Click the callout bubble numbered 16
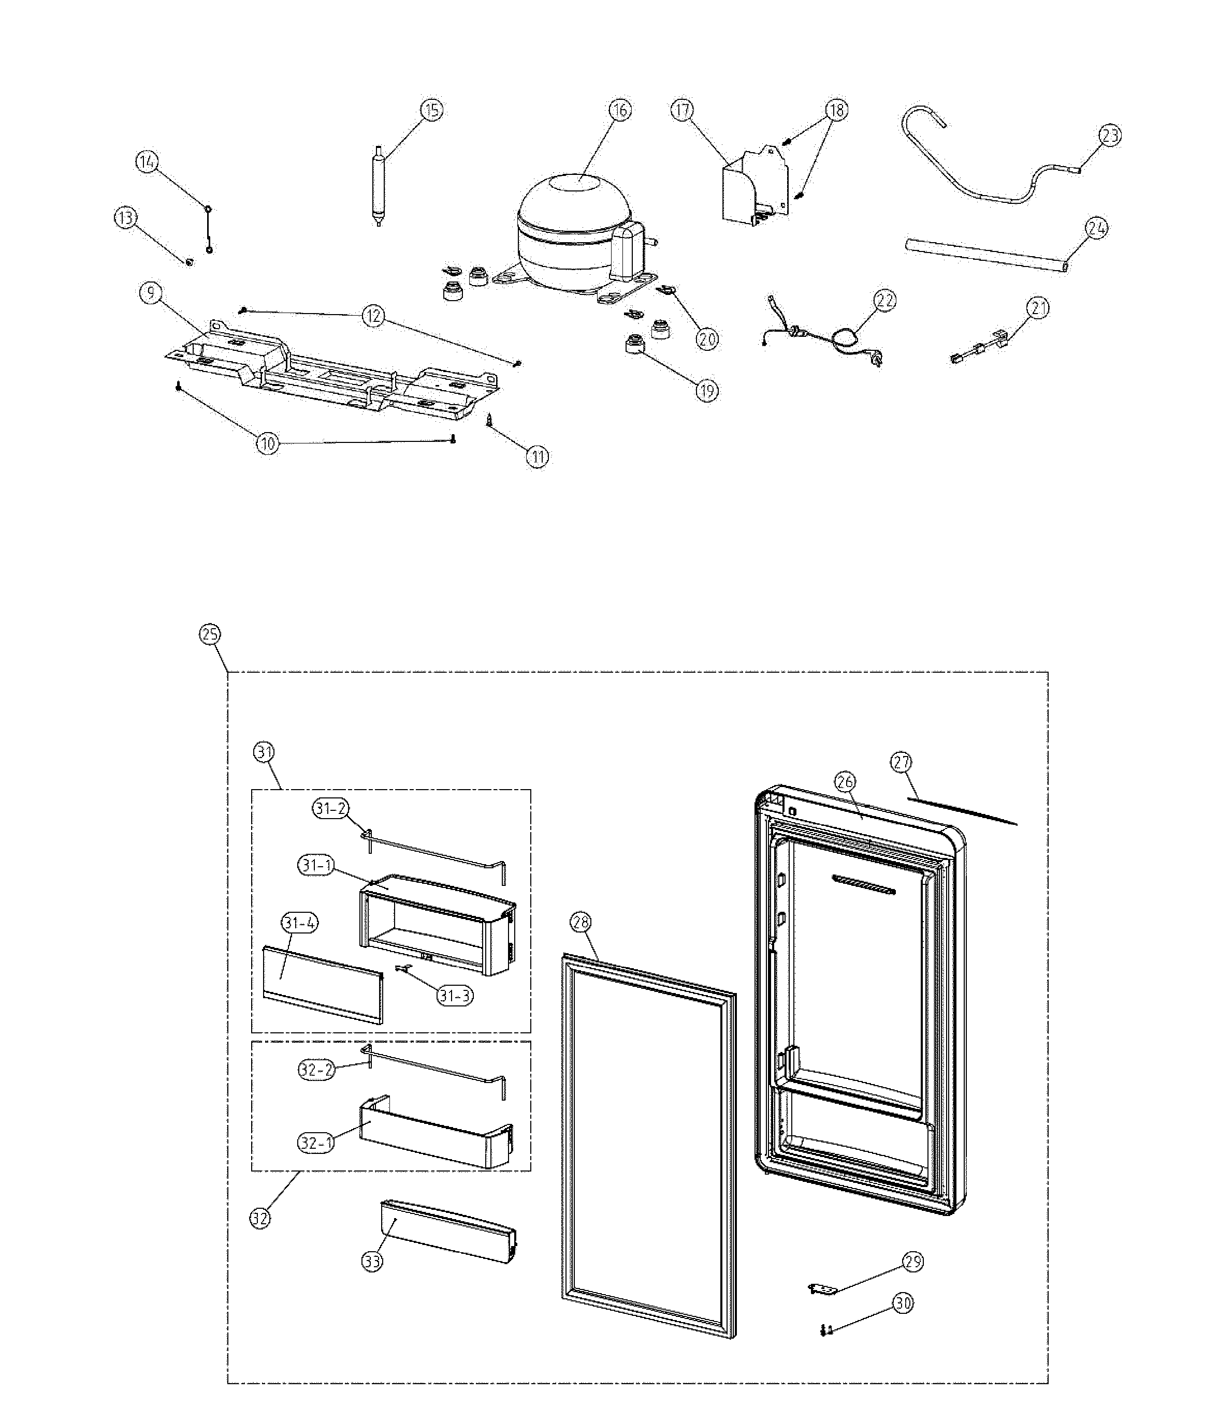[x=620, y=110]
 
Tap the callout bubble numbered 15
[x=431, y=110]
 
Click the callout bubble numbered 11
[x=538, y=456]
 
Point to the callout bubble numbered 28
[x=581, y=922]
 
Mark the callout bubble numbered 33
[x=372, y=1261]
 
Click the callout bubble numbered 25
[x=210, y=634]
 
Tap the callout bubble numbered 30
[x=904, y=1303]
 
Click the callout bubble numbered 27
[x=901, y=762]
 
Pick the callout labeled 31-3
[x=454, y=995]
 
